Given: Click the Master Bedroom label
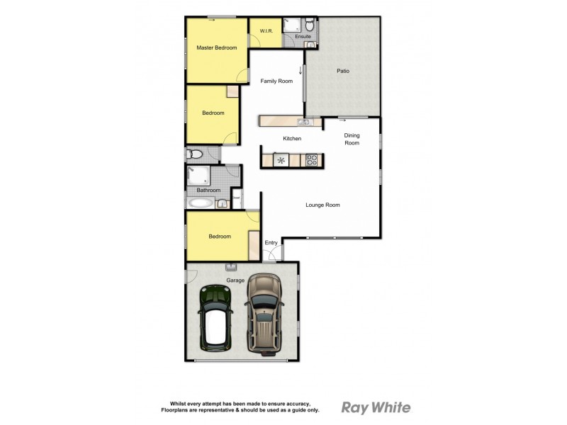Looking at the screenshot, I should pyautogui.click(x=216, y=47).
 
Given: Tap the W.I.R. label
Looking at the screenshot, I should pyautogui.click(x=266, y=31).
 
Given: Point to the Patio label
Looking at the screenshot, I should pyautogui.click(x=343, y=71).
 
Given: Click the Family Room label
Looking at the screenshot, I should pyautogui.click(x=276, y=81).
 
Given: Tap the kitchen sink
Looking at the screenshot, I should pyautogui.click(x=293, y=122).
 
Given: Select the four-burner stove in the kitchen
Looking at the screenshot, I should pyautogui.click(x=310, y=161).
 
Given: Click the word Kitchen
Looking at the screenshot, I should pyautogui.click(x=293, y=139).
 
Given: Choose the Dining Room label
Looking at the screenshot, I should pyautogui.click(x=352, y=140).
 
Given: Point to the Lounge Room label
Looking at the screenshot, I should pyautogui.click(x=322, y=205).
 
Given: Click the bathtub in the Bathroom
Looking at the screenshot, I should pyautogui.click(x=201, y=203).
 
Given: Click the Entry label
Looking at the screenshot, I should pyautogui.click(x=271, y=244).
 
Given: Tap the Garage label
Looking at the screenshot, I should pyautogui.click(x=235, y=280).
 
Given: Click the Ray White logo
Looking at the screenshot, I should pyautogui.click(x=376, y=407).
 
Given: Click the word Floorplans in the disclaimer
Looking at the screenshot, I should pyautogui.click(x=176, y=410).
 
